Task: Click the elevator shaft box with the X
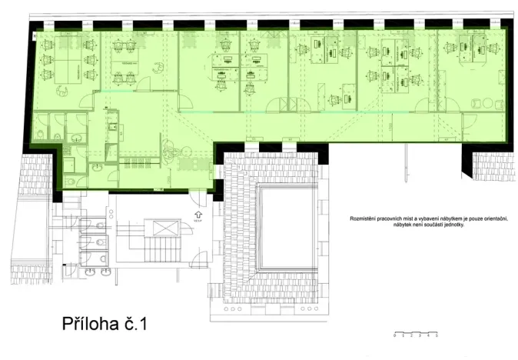tap(166, 228)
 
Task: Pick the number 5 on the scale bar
tap(437, 337)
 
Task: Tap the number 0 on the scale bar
tap(393, 337)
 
